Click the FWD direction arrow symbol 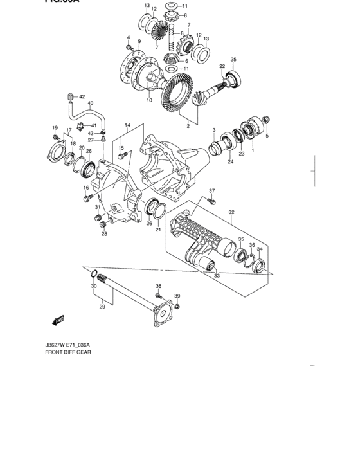pos(59,319)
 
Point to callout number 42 pos(82,96)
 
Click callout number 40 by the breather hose pos(90,103)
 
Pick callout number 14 pos(127,125)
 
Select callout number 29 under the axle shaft pos(102,308)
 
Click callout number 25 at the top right pos(233,60)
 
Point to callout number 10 pos(149,100)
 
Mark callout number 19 pos(55,127)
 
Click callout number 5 pos(267,136)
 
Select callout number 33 pos(216,276)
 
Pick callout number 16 pos(85,188)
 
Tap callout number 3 pos(214,130)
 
